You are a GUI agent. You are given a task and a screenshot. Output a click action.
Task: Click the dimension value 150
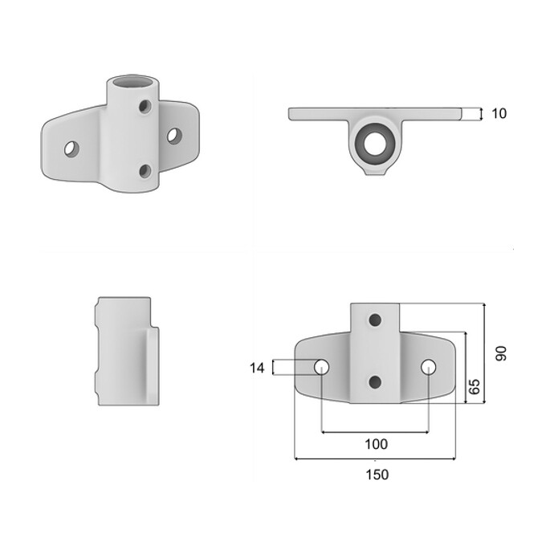[377, 475]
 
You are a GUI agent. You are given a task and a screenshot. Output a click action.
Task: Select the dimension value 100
[376, 444]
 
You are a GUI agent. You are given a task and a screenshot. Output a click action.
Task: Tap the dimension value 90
[501, 353]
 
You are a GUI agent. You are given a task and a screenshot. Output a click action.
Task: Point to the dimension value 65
[475, 386]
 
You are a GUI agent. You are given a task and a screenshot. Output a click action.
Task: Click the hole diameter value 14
[257, 369]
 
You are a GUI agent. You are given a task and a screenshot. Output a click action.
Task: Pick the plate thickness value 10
[499, 113]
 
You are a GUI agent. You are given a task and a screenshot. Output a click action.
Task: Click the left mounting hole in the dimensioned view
[321, 368]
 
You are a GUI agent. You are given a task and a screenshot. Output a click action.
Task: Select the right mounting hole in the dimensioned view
[429, 367]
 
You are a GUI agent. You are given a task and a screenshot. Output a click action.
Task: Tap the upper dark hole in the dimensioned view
[375, 320]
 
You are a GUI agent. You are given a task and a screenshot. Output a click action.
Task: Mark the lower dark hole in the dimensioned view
[375, 381]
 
